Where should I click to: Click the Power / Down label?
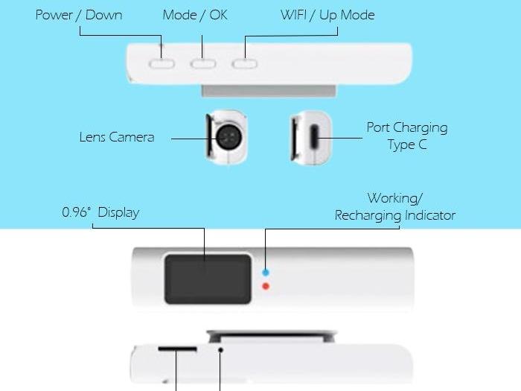click(79, 15)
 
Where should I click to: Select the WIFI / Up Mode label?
click(327, 15)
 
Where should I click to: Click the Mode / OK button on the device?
click(202, 64)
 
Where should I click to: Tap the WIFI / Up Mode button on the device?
click(244, 64)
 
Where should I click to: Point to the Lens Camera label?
click(117, 137)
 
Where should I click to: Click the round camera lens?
click(228, 136)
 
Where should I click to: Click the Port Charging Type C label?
click(407, 136)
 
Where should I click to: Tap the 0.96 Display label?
click(100, 213)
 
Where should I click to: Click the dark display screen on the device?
click(208, 278)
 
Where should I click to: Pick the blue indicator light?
click(266, 273)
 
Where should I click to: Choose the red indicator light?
click(266, 286)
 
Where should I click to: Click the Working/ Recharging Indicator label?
click(395, 207)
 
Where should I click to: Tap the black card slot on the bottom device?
click(177, 349)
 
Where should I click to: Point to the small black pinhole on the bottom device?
click(221, 349)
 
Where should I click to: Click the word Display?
click(118, 213)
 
